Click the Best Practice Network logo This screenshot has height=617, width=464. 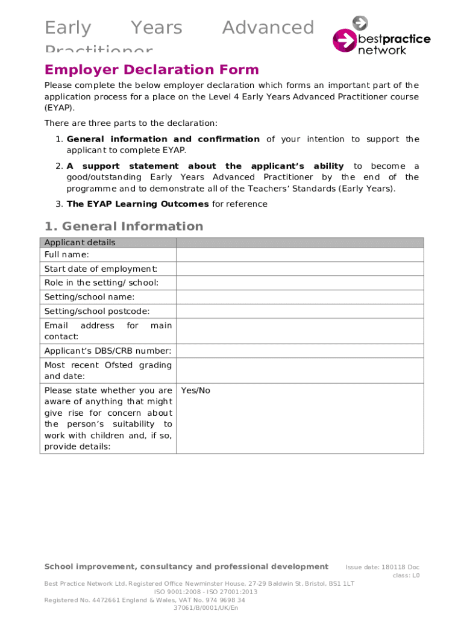(x=381, y=36)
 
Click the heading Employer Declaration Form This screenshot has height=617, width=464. (x=151, y=70)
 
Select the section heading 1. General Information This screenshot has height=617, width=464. (x=124, y=227)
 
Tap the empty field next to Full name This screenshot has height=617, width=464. (x=299, y=255)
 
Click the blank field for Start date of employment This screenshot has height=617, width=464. (x=299, y=269)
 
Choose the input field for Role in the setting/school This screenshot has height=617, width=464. (x=299, y=283)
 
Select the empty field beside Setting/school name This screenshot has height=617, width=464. (x=299, y=297)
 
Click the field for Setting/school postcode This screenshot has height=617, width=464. (x=299, y=312)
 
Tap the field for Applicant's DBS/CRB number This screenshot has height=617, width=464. (x=299, y=351)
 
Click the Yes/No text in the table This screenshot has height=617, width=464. (x=196, y=390)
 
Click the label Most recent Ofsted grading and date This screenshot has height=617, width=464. (x=108, y=371)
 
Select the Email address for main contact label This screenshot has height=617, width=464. (x=108, y=331)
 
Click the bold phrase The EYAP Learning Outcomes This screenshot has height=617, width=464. (x=138, y=204)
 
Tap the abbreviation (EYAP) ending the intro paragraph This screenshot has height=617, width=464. (x=60, y=108)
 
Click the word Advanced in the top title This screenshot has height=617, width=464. (x=268, y=28)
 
